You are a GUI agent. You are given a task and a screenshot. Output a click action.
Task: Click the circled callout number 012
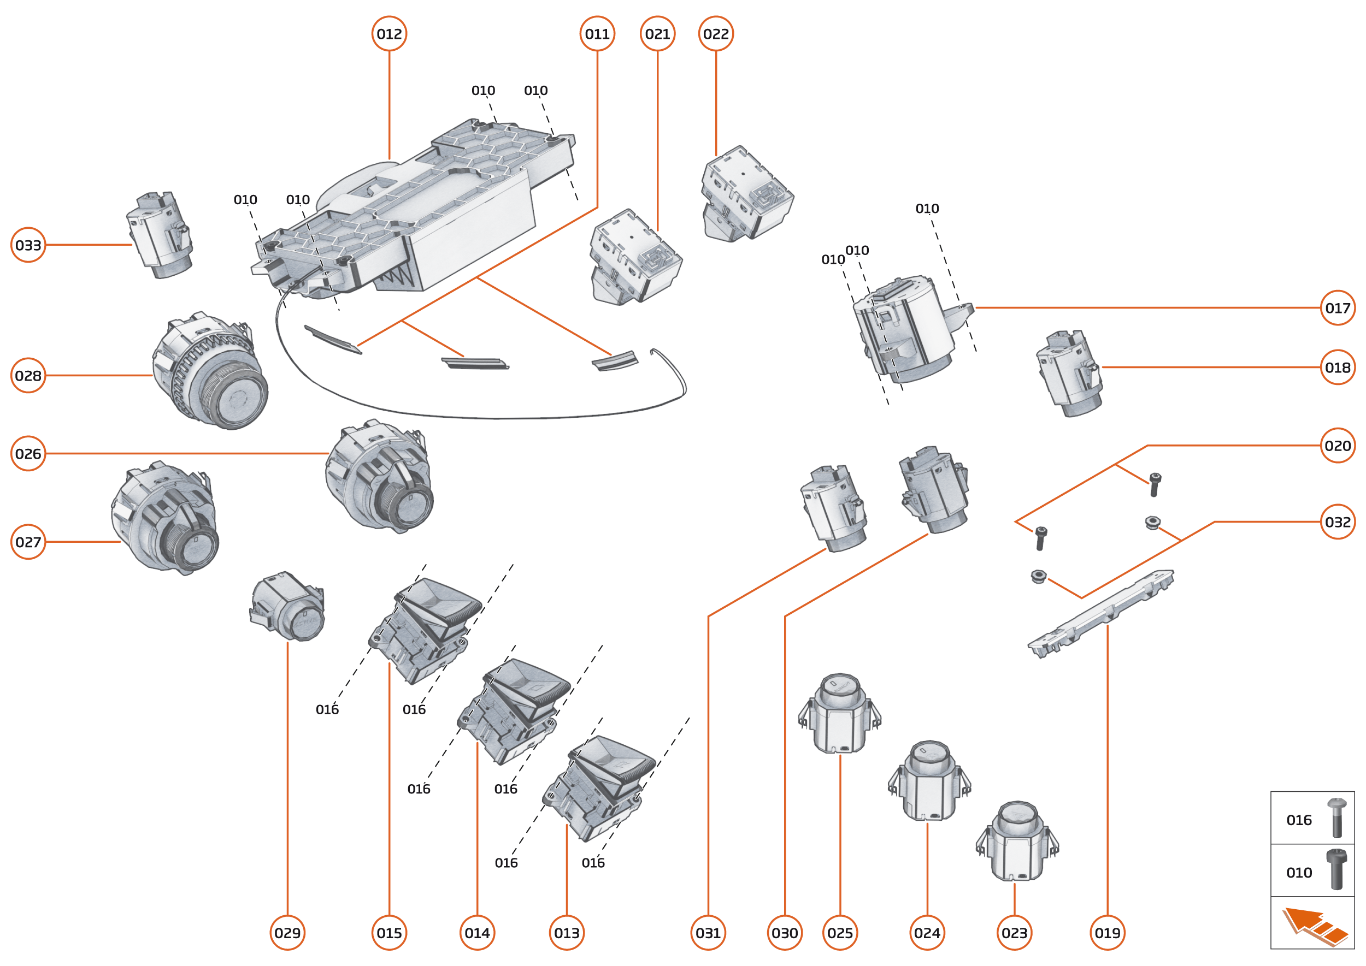388,34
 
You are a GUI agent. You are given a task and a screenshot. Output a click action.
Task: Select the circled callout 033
28,245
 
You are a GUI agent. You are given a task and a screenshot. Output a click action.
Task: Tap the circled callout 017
1338,308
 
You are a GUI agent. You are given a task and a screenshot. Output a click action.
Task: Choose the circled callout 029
287,933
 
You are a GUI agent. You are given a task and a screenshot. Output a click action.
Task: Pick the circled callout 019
1107,933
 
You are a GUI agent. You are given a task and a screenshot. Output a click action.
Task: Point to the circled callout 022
715,34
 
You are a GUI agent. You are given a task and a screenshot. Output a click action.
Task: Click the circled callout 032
1338,521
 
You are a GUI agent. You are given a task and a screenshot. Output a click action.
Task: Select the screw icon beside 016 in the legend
1336,818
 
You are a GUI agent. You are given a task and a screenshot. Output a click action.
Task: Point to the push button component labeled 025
839,714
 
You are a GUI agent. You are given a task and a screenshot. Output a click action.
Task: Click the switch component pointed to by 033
160,235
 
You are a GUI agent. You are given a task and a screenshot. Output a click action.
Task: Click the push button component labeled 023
1017,841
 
